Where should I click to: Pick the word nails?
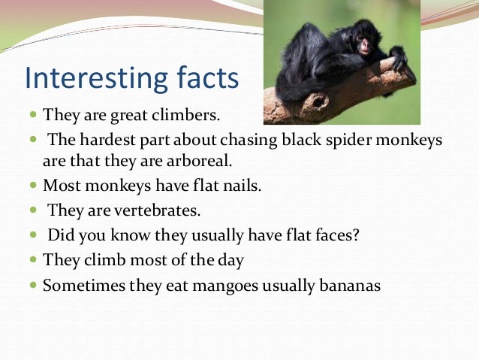point(241,185)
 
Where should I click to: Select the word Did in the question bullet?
point(60,234)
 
